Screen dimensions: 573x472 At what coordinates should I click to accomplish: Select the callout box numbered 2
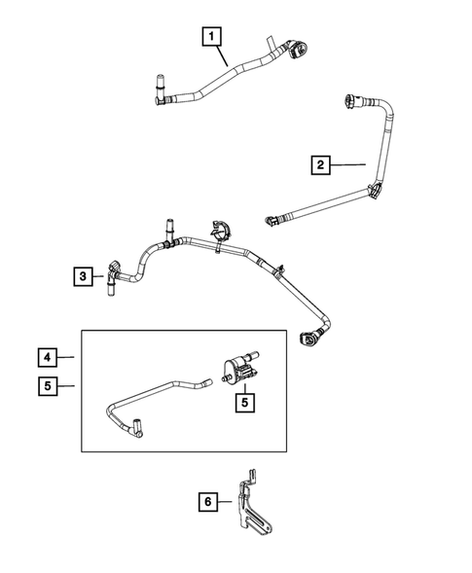(319, 165)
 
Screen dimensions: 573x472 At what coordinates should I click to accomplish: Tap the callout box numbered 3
(84, 276)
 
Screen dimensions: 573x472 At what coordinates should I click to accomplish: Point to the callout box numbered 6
(206, 503)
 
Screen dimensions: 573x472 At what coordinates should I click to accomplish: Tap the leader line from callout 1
(226, 55)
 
